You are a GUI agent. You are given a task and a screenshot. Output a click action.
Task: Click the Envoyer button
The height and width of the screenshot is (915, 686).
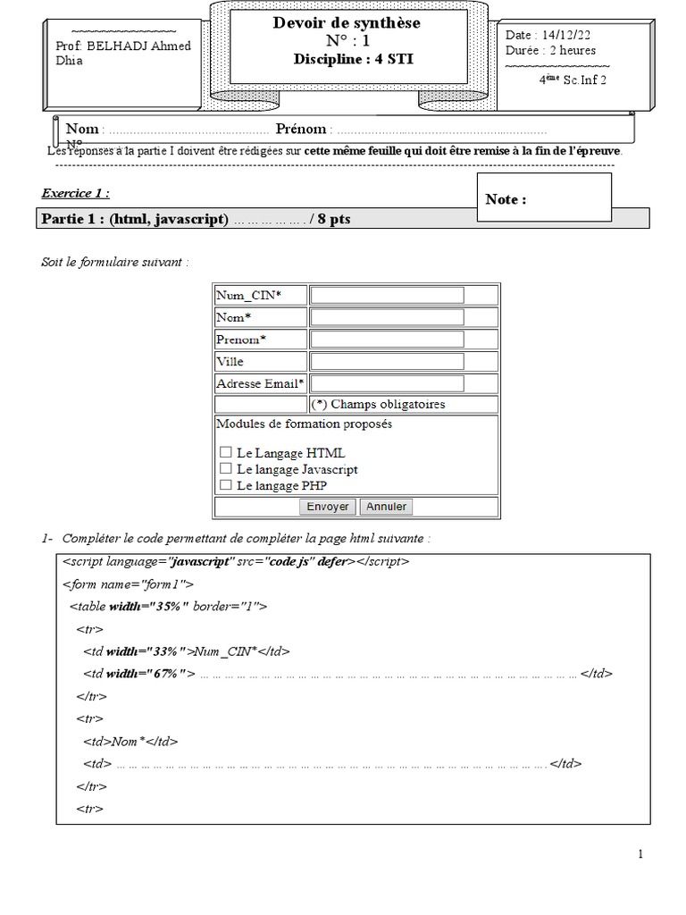point(328,507)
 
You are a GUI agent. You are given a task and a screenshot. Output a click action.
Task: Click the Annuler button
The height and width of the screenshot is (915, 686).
point(387,507)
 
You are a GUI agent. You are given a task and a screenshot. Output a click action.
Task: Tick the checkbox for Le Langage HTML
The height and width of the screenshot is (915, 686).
point(226,453)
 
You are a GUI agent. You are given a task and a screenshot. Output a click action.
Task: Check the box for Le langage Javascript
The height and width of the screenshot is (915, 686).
point(226,469)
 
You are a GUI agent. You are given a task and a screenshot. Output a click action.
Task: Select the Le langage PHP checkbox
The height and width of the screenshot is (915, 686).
point(226,485)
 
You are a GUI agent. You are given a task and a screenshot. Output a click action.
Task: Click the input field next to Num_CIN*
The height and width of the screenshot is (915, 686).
point(387,296)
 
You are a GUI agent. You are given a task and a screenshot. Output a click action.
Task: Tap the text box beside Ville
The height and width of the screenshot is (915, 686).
point(387,362)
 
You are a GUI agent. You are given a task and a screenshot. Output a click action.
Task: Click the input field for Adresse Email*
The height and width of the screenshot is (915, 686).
point(387,384)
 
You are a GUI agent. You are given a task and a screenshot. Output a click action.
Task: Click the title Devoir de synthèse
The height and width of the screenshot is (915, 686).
point(347,23)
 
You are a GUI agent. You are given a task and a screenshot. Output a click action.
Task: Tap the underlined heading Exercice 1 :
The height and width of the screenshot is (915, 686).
point(76,193)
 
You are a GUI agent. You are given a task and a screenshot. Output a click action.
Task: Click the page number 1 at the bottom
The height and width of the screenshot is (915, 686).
point(640,854)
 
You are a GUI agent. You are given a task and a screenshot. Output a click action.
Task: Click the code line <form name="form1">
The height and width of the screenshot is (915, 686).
point(128,584)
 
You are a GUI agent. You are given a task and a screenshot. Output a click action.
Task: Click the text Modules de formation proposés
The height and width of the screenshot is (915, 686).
point(304,424)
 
